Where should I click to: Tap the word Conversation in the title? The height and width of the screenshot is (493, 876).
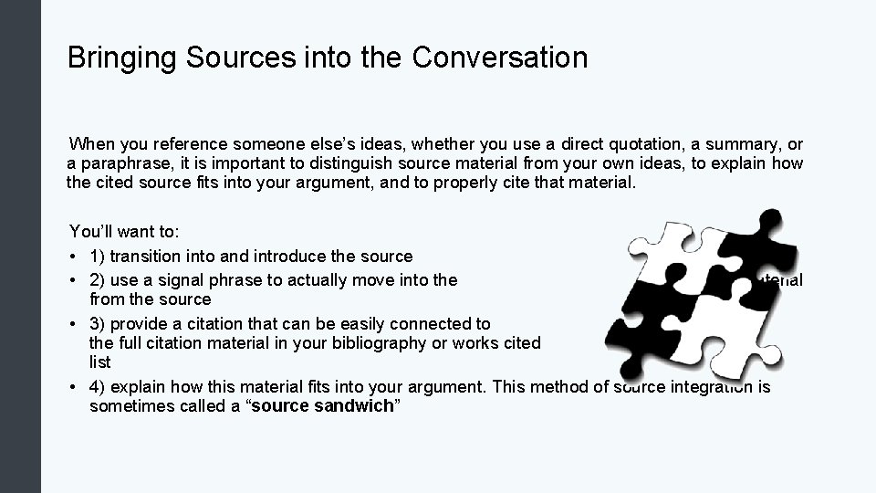[x=499, y=58]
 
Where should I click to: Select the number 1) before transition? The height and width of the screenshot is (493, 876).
[x=98, y=257]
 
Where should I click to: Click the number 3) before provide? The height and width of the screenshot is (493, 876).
[x=98, y=323]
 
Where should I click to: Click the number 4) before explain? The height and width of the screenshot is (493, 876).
[x=98, y=385]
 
